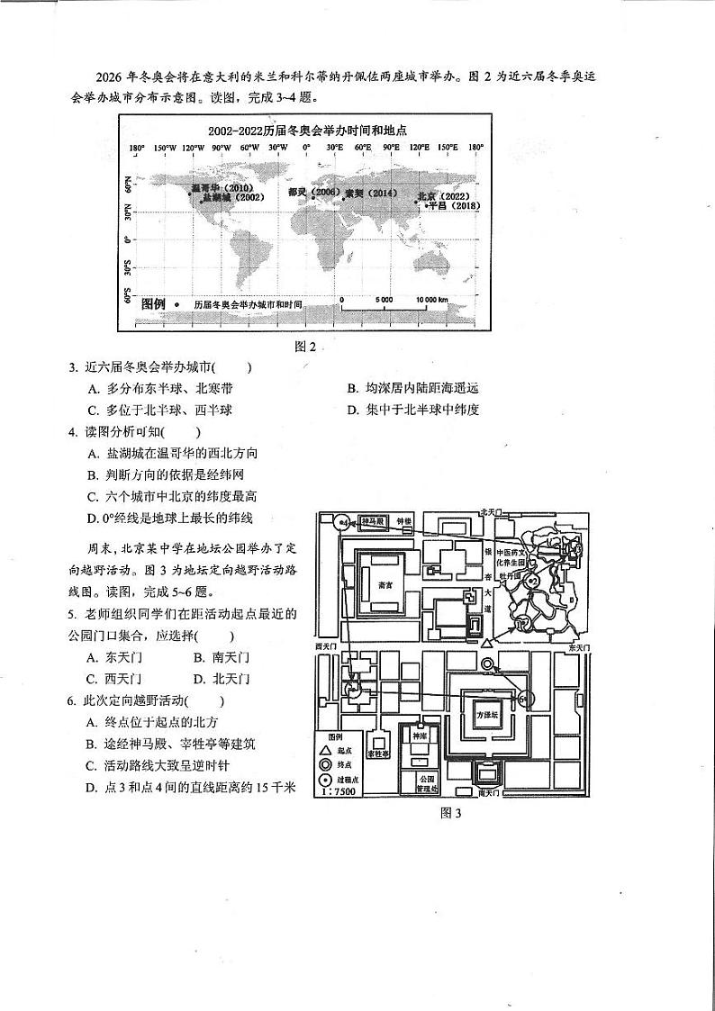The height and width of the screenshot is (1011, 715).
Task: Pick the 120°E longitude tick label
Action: [x=420, y=147]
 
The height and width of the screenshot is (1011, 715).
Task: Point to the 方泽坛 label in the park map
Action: [x=487, y=714]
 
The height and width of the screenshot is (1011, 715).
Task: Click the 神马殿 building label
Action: [x=373, y=521]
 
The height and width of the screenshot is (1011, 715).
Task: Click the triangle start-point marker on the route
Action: [x=486, y=642]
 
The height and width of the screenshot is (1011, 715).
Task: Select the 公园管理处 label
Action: [x=426, y=782]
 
